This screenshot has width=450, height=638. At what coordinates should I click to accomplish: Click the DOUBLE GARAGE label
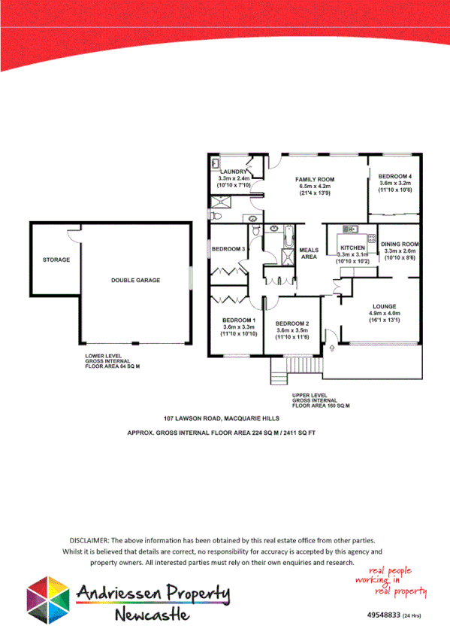tap(132, 280)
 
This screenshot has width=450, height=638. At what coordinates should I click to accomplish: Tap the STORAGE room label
tap(56, 260)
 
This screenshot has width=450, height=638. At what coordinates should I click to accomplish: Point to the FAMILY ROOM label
tap(315, 179)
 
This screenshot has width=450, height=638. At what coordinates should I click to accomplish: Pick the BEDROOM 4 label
tap(396, 176)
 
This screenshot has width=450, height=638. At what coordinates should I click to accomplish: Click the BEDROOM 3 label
tap(228, 249)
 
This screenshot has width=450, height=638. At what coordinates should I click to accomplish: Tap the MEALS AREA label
tap(310, 253)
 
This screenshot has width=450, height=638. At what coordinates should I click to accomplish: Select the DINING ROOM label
tap(399, 245)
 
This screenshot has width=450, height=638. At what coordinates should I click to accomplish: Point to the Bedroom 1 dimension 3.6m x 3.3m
tap(238, 327)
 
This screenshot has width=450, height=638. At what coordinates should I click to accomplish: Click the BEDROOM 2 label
tap(293, 323)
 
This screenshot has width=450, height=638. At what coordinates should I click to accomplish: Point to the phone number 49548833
tap(383, 615)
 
